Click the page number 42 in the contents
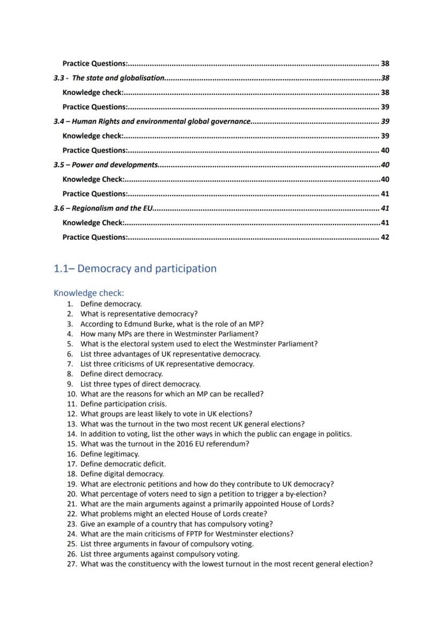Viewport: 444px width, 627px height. pos(384,237)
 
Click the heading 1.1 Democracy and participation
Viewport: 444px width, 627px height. pos(135,268)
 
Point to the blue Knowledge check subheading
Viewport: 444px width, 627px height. pos(88,293)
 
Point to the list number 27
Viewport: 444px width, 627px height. pos(72,564)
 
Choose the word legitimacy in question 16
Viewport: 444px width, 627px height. pos(121,454)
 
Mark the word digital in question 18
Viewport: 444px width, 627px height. pos(112,474)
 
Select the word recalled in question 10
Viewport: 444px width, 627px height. pos(248,394)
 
